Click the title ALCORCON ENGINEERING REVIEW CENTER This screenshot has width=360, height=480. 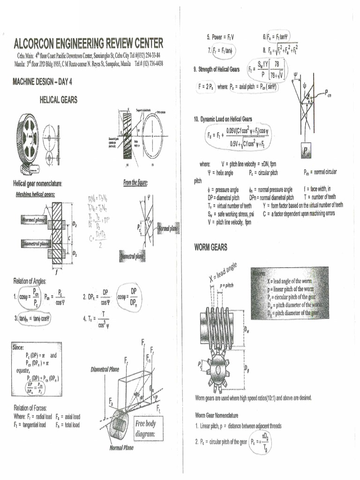pos(89,44)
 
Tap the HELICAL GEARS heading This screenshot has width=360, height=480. pos(59,99)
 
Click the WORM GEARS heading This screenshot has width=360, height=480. pos(210,247)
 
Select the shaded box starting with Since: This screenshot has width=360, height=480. pos(37,369)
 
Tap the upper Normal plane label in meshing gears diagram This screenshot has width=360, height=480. pos(34,220)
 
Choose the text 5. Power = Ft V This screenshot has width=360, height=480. pos(220,37)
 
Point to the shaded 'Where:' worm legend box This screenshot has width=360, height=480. pos(289,292)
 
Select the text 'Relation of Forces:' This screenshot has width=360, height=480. pos(30,407)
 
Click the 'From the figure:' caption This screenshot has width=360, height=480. pos(135,183)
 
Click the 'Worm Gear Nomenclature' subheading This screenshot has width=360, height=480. pos(217,415)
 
